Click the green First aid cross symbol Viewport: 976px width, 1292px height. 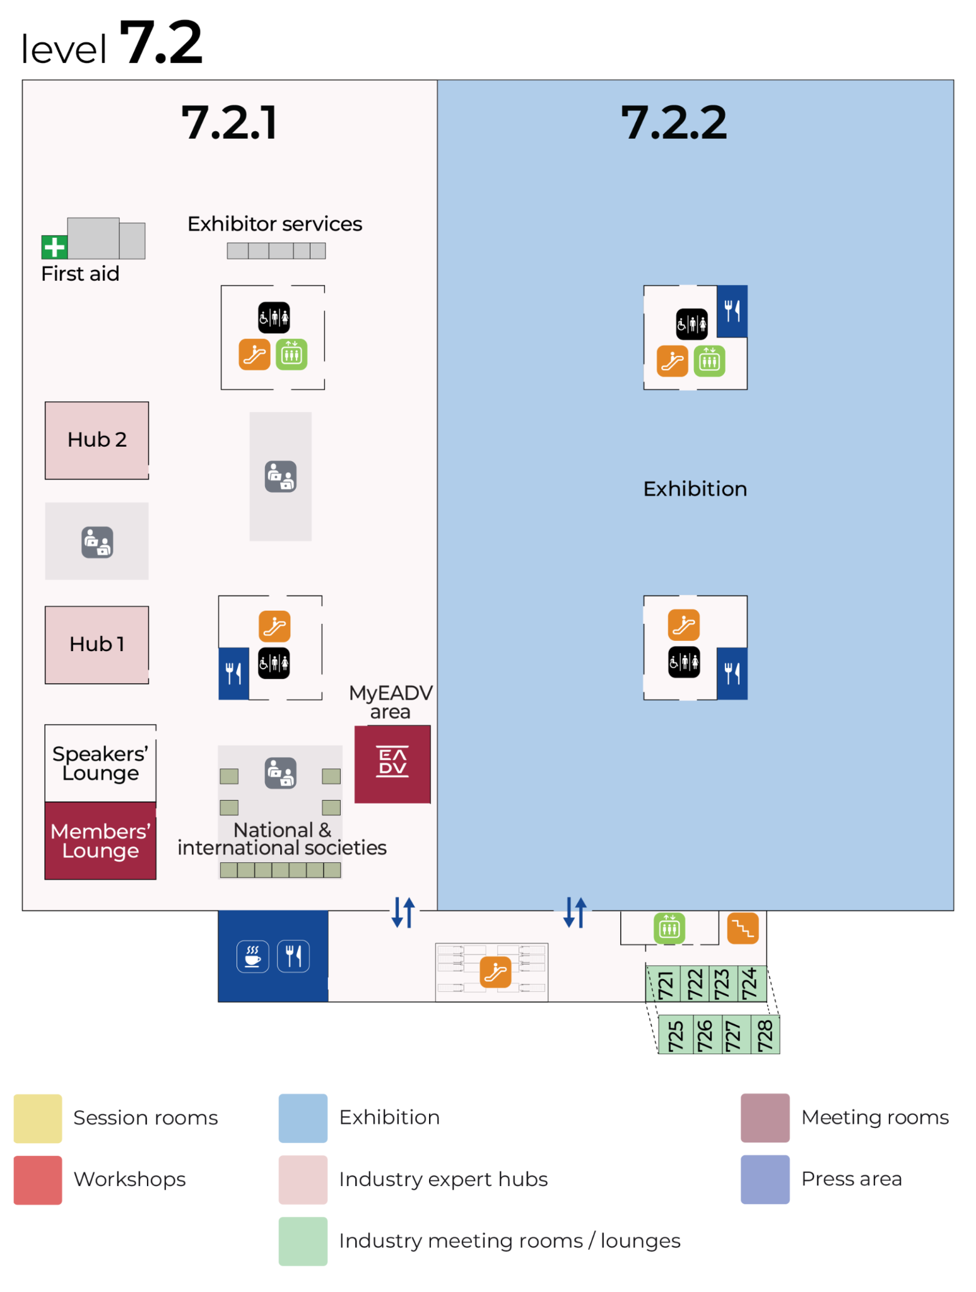pos(54,247)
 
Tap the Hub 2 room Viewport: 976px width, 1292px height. pos(97,440)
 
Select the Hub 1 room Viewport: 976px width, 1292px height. pos(97,645)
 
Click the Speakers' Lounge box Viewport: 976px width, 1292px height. pos(100,763)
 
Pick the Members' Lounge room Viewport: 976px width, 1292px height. pos(100,840)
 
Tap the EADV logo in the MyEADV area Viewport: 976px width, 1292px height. pos(392,763)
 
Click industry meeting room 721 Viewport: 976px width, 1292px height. pos(665,984)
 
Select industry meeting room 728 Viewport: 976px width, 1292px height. pos(765,1035)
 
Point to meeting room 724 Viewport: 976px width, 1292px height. pos(750,984)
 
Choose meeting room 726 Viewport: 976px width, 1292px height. pos(704,1035)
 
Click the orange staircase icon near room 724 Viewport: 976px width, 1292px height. pos(743,929)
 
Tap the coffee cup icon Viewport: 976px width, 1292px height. pos(253,956)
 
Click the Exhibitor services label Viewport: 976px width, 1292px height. pos(274,224)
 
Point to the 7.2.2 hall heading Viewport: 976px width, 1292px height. pos(673,122)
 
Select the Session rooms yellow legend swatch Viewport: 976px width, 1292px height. pos(38,1118)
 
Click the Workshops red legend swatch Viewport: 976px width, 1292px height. pos(38,1180)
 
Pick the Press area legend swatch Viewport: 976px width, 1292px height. pos(765,1179)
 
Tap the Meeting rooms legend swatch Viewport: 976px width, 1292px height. pos(765,1118)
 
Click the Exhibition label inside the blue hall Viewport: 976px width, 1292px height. pos(695,489)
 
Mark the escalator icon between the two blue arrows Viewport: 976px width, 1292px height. pos(495,972)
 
